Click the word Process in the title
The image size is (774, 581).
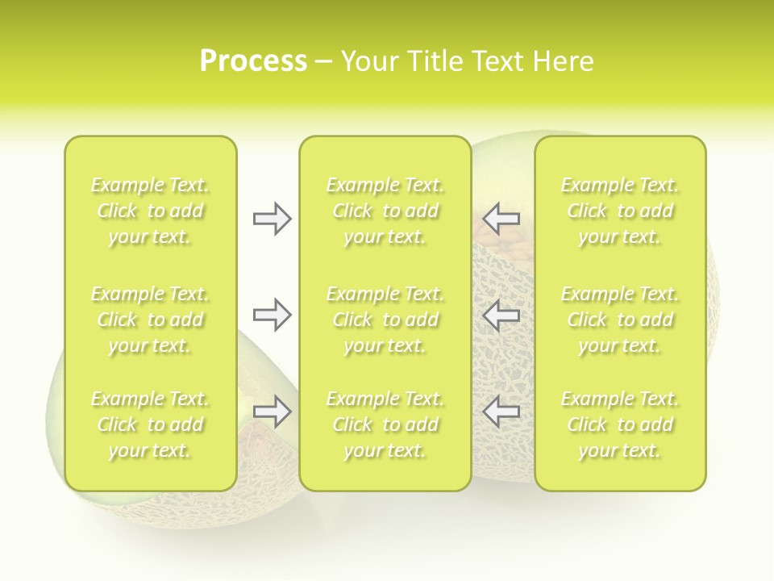click(253, 61)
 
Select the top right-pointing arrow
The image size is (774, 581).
click(272, 219)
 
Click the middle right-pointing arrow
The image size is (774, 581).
click(272, 314)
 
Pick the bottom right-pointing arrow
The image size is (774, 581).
click(272, 412)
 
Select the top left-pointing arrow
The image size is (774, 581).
click(501, 219)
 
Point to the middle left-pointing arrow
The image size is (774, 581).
click(501, 314)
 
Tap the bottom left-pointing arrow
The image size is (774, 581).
click(501, 412)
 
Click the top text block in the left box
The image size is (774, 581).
click(150, 211)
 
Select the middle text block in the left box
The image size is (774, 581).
click(150, 320)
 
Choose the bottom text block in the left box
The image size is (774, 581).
click(150, 424)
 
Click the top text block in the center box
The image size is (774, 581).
click(385, 211)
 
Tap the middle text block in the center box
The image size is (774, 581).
click(385, 320)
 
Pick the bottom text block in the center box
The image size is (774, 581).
click(385, 424)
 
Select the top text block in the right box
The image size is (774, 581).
click(620, 211)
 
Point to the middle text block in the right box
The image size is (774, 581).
click(620, 320)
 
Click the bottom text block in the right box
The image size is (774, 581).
click(620, 424)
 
